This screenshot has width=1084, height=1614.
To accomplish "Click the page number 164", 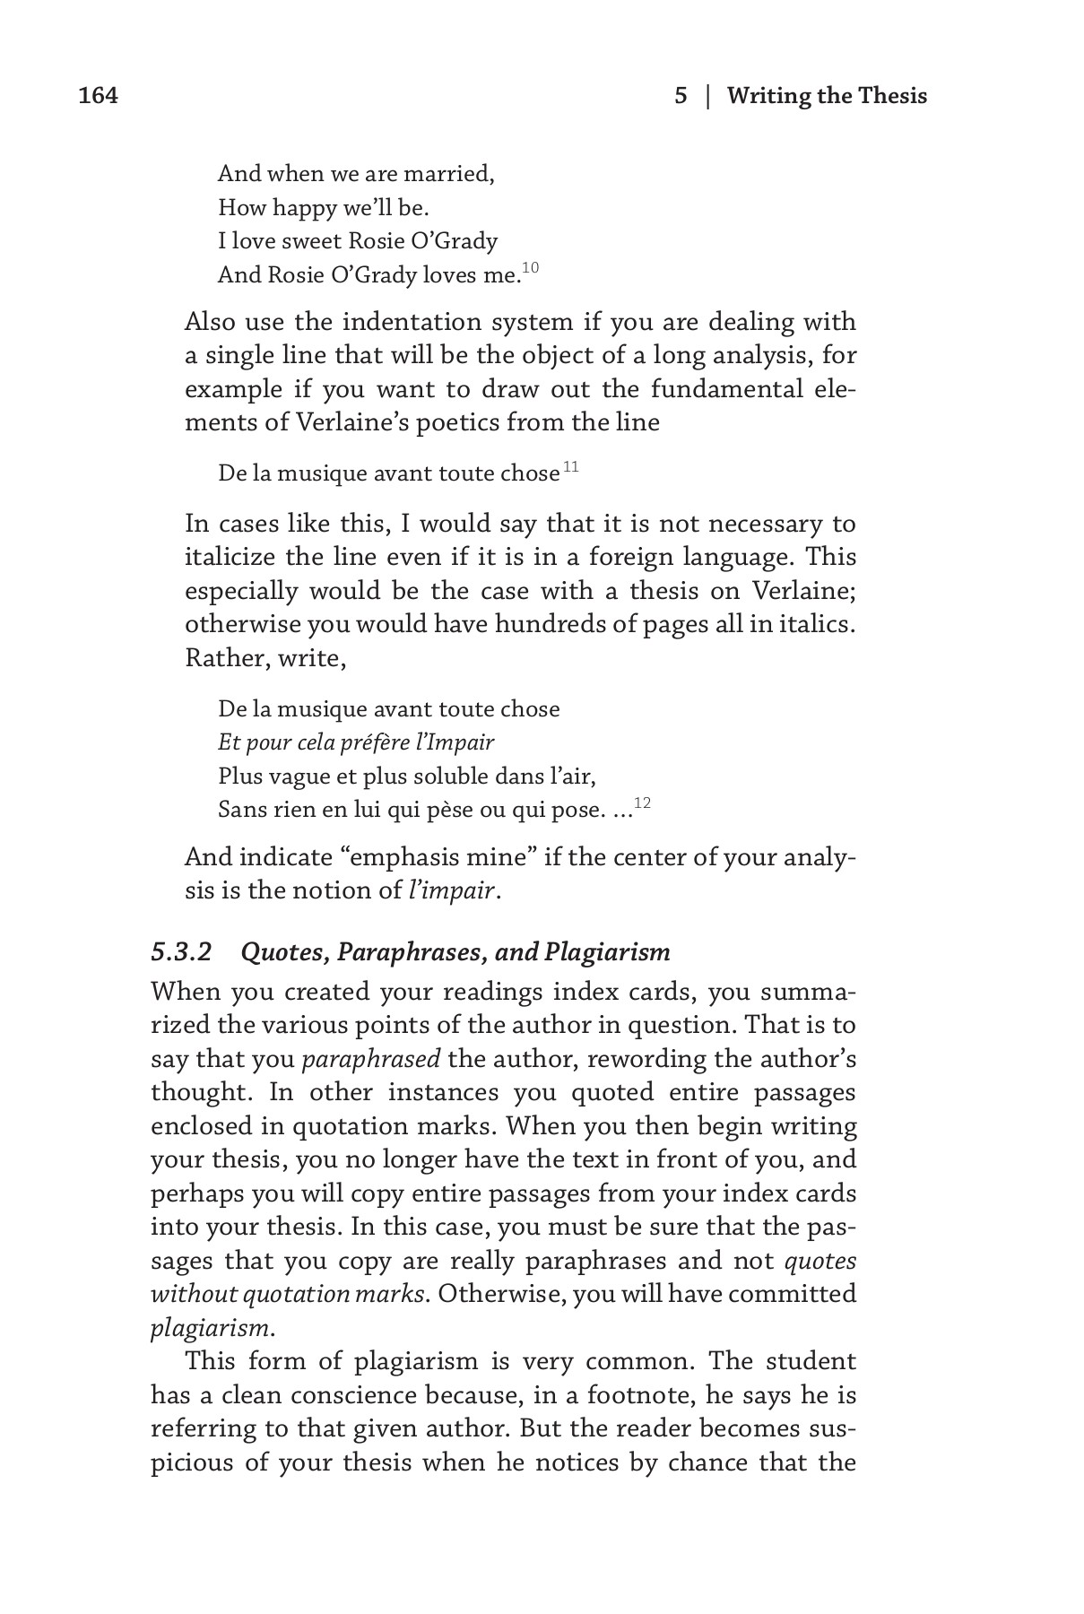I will point(99,96).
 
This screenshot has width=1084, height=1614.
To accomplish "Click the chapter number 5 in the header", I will point(681,96).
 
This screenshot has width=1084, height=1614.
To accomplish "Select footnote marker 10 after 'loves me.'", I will point(531,268).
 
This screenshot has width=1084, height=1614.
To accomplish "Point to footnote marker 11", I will point(571,467).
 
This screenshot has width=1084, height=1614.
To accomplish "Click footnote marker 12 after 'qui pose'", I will point(642,803).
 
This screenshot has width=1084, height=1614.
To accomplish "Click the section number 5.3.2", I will point(181,951).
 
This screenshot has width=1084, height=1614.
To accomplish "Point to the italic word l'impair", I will point(452,890).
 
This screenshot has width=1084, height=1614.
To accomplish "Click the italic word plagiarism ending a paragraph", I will point(208,1328).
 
